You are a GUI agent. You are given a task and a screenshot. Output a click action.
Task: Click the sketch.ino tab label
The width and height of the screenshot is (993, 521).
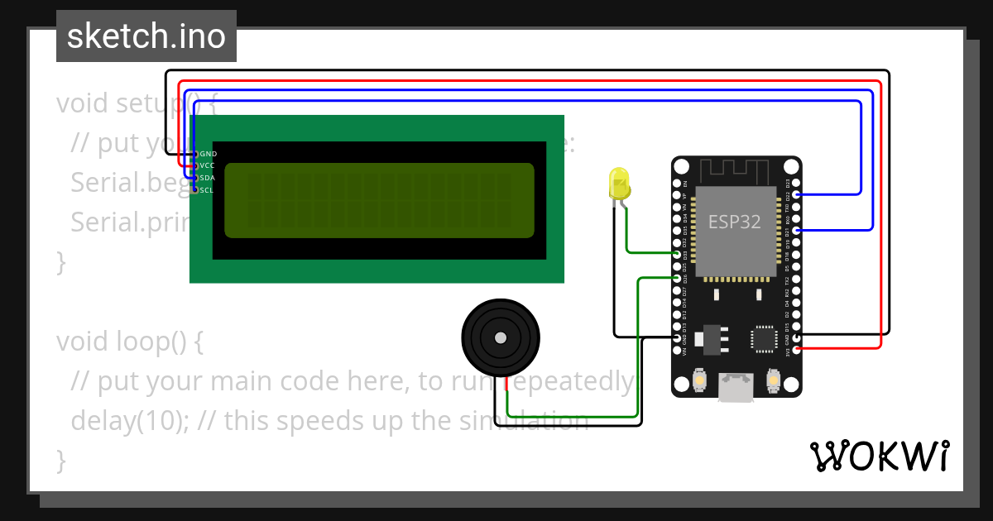tap(146, 36)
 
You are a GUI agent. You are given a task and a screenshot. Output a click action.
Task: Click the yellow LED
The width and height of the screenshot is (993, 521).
tap(618, 184)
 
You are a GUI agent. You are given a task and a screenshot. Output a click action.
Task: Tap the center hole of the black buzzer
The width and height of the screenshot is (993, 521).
tap(500, 337)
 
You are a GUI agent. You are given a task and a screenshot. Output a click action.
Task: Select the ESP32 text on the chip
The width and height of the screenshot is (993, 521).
tap(734, 222)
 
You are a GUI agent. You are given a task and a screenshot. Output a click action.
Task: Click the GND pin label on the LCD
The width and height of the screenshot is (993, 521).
tap(208, 154)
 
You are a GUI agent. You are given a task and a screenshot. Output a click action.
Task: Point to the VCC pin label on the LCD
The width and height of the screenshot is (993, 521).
tap(207, 165)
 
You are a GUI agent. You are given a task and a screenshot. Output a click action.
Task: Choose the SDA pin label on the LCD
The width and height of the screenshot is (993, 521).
tap(207, 178)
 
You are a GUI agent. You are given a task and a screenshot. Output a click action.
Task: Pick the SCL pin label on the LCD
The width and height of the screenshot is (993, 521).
tap(207, 190)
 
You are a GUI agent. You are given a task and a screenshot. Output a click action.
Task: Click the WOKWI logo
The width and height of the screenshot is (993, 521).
tap(879, 456)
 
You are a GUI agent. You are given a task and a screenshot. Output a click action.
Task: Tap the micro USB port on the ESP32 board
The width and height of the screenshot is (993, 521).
tap(736, 387)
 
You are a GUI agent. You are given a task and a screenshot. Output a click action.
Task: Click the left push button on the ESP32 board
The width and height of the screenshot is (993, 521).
tap(700, 381)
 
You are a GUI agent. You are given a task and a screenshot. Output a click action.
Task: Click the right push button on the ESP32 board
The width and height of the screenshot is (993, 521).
tap(774, 381)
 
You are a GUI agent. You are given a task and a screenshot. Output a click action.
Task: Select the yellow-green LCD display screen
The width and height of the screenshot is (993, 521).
tap(379, 200)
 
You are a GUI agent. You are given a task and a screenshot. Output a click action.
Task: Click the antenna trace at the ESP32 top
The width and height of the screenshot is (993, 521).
tap(736, 172)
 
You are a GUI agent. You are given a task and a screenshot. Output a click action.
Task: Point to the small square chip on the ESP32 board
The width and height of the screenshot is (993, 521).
tap(763, 338)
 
